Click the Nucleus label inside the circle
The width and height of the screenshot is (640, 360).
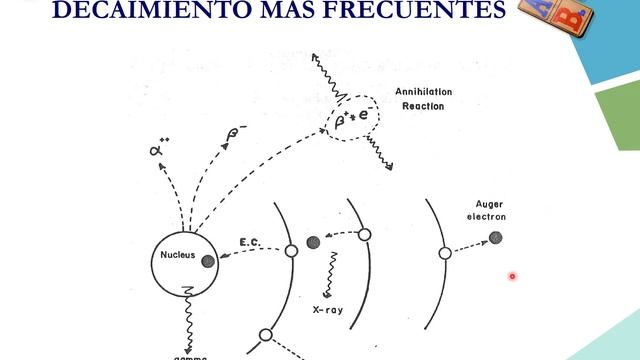point(178,255)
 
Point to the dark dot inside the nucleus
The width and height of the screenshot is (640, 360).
point(208,262)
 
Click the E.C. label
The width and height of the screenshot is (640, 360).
point(250,243)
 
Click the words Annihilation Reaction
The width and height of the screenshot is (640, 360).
point(425,98)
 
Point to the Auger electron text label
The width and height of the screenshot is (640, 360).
point(490,210)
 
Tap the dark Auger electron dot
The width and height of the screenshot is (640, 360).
point(495,237)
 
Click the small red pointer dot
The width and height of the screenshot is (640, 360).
point(512,276)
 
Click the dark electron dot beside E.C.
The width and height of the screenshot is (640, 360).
point(313,242)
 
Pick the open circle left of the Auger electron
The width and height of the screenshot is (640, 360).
point(444,253)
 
